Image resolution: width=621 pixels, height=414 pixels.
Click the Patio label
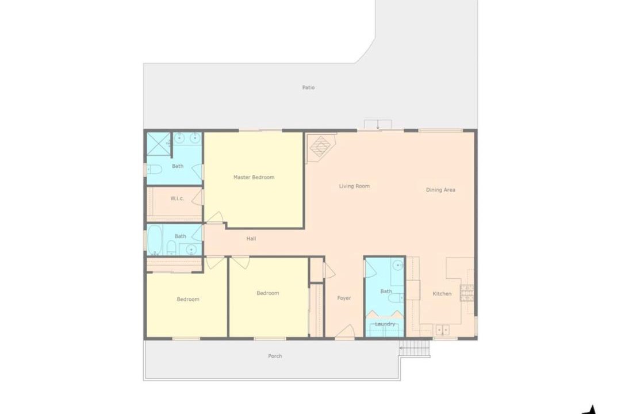click(x=308, y=87)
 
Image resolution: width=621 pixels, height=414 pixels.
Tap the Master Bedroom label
click(x=254, y=178)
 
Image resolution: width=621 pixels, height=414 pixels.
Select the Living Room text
click(x=354, y=186)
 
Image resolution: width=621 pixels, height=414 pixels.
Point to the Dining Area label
click(x=440, y=190)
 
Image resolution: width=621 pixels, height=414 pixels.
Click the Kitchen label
click(x=442, y=294)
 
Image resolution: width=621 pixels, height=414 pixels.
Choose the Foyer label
click(x=344, y=298)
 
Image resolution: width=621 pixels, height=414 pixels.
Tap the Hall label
click(x=251, y=239)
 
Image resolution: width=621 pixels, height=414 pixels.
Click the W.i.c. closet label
click(x=177, y=198)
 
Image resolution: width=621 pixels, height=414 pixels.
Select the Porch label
click(x=275, y=356)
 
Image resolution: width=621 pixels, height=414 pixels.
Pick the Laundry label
click(x=385, y=324)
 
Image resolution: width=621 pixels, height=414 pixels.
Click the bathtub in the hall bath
click(x=155, y=240)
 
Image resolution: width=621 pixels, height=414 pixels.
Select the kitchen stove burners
click(x=466, y=292)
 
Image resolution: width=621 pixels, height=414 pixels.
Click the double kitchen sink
click(x=442, y=329)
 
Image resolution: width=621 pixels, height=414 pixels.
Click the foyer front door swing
click(x=346, y=332)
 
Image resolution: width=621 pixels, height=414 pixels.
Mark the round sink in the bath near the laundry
click(x=397, y=264)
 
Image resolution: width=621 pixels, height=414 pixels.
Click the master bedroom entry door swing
click(x=215, y=217)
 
